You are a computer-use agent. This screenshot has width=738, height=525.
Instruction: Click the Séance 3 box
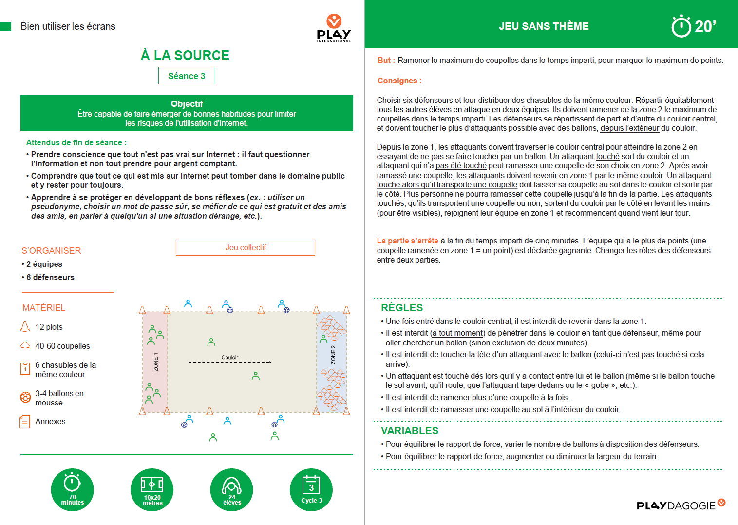click(x=187, y=76)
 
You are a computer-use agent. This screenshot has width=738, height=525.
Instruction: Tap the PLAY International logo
click(x=334, y=29)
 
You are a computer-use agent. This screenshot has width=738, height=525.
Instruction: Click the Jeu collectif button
click(x=246, y=248)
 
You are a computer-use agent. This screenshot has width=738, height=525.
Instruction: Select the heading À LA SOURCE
click(x=185, y=56)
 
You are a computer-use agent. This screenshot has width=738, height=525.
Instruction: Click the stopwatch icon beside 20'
click(x=681, y=26)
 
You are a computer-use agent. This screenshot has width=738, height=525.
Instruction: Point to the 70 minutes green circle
click(x=73, y=490)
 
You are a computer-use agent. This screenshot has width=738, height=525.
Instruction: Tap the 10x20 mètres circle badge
click(x=152, y=490)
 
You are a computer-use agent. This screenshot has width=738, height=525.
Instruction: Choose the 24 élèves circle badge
click(x=232, y=490)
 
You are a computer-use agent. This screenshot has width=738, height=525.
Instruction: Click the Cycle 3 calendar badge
click(x=311, y=490)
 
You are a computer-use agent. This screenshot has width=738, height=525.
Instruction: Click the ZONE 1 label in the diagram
click(x=156, y=362)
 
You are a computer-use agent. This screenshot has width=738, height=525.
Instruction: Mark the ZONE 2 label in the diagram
click(x=333, y=355)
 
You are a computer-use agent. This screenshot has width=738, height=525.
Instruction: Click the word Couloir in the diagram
click(x=230, y=358)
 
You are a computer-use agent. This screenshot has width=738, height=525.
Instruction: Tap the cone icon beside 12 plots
click(x=25, y=327)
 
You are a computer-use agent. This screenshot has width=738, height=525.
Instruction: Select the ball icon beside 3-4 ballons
click(x=25, y=398)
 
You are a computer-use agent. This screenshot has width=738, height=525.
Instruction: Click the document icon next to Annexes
click(x=24, y=422)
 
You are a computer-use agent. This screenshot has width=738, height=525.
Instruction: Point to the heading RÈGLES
click(x=402, y=308)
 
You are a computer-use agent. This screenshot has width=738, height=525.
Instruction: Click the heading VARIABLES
click(x=410, y=431)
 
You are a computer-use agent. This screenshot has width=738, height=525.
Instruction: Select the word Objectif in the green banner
click(x=187, y=104)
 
